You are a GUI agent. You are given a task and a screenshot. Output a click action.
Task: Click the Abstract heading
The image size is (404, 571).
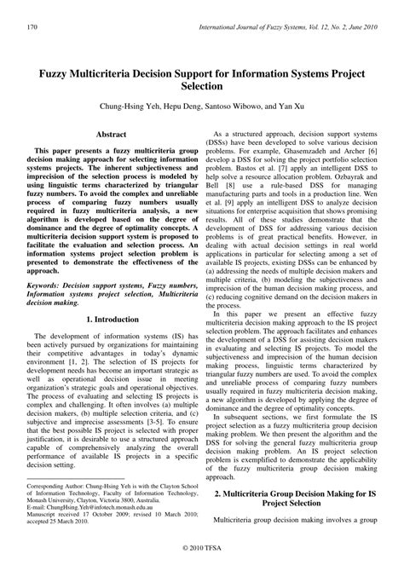coord(111,135)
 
